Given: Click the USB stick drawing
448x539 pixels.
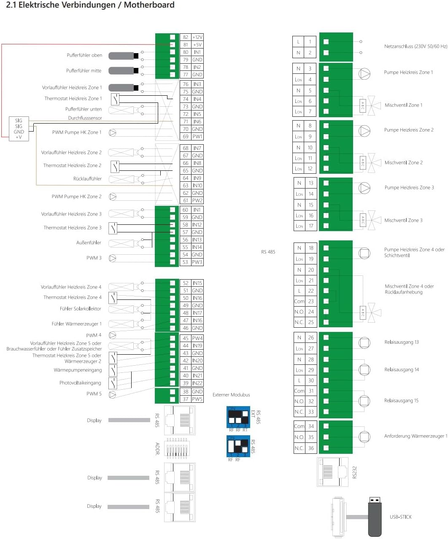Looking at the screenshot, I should pyautogui.click(x=375, y=517).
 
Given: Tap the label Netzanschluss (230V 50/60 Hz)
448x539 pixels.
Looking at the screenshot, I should pyautogui.click(x=415, y=46).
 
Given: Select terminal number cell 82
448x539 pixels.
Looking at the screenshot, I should pyautogui.click(x=186, y=37).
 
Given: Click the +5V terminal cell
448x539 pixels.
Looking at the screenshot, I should pyautogui.click(x=197, y=45).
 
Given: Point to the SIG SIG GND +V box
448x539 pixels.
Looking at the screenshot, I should pyautogui.click(x=19, y=129).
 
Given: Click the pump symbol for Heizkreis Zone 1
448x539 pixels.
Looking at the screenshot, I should pyautogui.click(x=364, y=73).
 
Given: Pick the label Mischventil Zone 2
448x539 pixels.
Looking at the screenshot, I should pyautogui.click(x=403, y=162).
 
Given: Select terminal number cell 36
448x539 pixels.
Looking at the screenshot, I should pyautogui.click(x=311, y=448).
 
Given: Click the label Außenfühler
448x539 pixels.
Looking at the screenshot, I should pyautogui.click(x=89, y=243).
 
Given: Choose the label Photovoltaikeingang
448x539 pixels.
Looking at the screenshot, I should pyautogui.click(x=80, y=383).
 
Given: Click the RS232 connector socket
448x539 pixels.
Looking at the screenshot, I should pyautogui.click(x=332, y=472).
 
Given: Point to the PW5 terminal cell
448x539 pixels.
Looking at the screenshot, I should pyautogui.click(x=197, y=399).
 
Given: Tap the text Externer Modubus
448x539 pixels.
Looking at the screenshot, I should pyautogui.click(x=231, y=395).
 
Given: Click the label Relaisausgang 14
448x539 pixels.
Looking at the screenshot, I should pyautogui.click(x=402, y=369).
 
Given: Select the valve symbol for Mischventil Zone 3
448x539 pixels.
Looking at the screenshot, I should pyautogui.click(x=374, y=220).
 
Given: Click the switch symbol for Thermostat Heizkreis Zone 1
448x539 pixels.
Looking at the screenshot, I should pyautogui.click(x=115, y=100).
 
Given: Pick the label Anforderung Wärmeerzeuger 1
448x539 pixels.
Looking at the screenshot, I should pyautogui.click(x=416, y=436).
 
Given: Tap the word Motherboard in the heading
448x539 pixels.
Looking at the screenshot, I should pyautogui.click(x=149, y=5).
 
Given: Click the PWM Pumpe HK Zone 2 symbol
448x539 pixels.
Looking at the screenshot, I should pyautogui.click(x=113, y=197).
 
